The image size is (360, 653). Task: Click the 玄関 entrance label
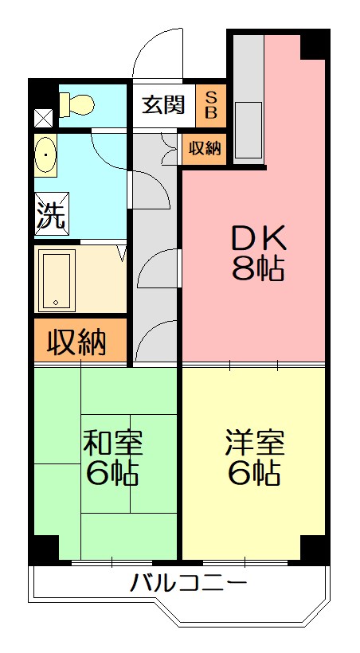(x=163, y=104)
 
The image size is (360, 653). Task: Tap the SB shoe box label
(x=210, y=104)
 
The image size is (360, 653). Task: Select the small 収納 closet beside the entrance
(x=205, y=148)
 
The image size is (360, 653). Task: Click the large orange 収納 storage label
(x=77, y=341)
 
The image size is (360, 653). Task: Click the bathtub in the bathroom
(x=57, y=280)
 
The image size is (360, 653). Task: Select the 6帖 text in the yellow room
(x=254, y=474)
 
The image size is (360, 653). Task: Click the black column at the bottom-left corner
(x=45, y=548)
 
